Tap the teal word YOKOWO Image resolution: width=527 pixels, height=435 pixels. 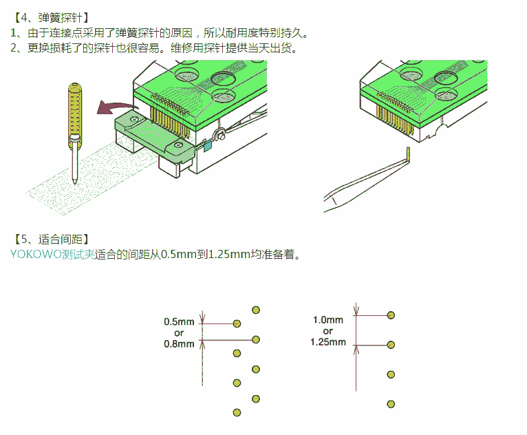pyautogui.click(x=35, y=254)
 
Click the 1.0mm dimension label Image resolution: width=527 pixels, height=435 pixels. pyautogui.click(x=327, y=319)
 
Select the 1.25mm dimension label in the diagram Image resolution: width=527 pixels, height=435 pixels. pyautogui.click(x=327, y=341)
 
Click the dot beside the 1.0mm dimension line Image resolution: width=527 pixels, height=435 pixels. pyautogui.click(x=391, y=315)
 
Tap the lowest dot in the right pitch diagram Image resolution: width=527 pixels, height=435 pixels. pyautogui.click(x=391, y=404)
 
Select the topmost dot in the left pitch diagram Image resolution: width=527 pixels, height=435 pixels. pyautogui.click(x=256, y=310)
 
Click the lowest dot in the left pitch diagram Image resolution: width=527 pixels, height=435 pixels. pyautogui.click(x=237, y=412)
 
